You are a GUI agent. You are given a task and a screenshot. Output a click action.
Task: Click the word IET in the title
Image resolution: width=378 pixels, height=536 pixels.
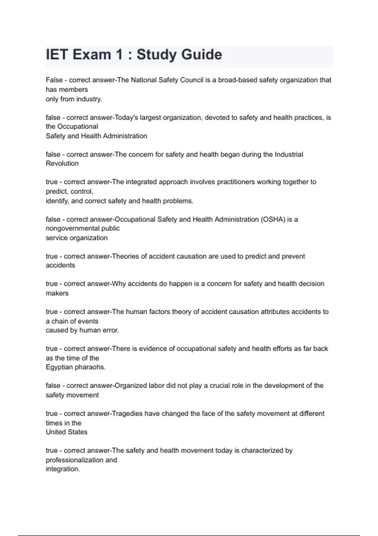point(57,55)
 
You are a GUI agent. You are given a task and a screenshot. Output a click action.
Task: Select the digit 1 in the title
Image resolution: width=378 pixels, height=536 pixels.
point(119,55)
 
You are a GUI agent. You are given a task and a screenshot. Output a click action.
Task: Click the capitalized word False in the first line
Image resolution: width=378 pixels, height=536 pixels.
point(54,80)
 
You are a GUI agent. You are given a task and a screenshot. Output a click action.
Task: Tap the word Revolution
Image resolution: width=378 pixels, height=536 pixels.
point(62,164)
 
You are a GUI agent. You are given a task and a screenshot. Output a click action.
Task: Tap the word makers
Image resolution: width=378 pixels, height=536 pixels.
point(57,293)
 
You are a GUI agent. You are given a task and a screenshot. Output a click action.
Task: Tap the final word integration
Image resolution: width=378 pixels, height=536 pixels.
point(63,469)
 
